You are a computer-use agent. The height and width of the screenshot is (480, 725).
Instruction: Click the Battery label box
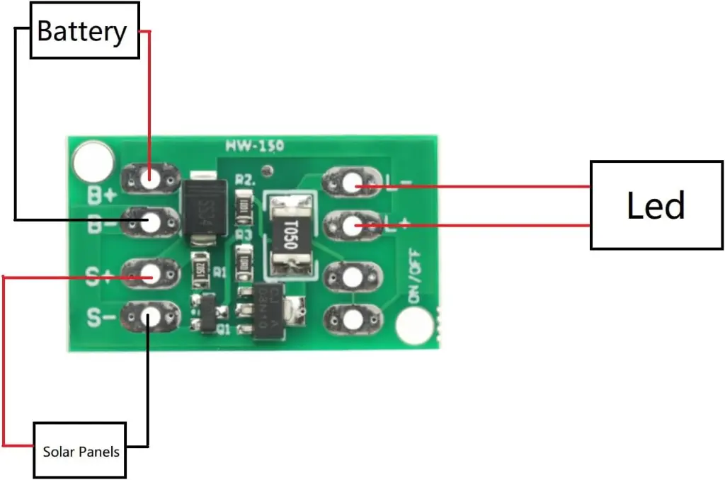point(84,31)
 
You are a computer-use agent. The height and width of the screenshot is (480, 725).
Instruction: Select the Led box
point(656,205)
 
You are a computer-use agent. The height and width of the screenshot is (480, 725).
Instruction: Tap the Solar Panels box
point(80,450)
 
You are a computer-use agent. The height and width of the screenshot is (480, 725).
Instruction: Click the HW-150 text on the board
point(255,147)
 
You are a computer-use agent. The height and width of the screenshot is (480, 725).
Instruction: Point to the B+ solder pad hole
point(150,179)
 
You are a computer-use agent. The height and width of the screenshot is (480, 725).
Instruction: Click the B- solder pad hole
point(150,222)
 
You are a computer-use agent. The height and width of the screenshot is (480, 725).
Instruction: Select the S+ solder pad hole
point(150,273)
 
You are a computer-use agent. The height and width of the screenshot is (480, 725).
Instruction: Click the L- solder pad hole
point(351,184)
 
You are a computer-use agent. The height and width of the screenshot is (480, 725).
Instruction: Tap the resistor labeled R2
point(244,206)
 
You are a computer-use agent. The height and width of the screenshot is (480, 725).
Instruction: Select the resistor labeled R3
point(244,259)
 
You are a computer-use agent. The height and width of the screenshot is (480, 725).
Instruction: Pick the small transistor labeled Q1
point(205,314)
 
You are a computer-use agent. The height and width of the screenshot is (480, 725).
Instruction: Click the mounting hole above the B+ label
point(93,161)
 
